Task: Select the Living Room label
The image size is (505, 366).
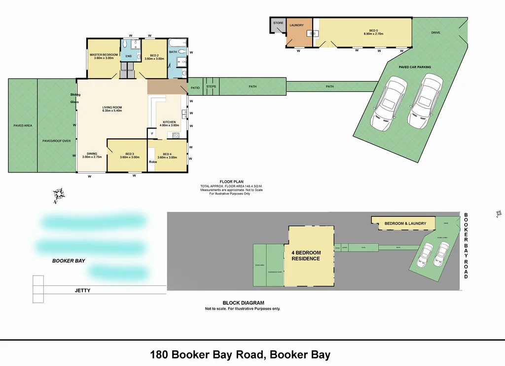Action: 112,109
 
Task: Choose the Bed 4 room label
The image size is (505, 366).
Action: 167,156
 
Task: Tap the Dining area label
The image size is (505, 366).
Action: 92,155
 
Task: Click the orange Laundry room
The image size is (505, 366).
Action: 296,32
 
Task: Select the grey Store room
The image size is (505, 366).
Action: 278,25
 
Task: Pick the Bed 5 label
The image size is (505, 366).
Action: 373,32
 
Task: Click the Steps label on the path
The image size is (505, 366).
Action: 211,87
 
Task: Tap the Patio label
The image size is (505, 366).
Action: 195,87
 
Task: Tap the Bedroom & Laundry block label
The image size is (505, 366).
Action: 405,223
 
